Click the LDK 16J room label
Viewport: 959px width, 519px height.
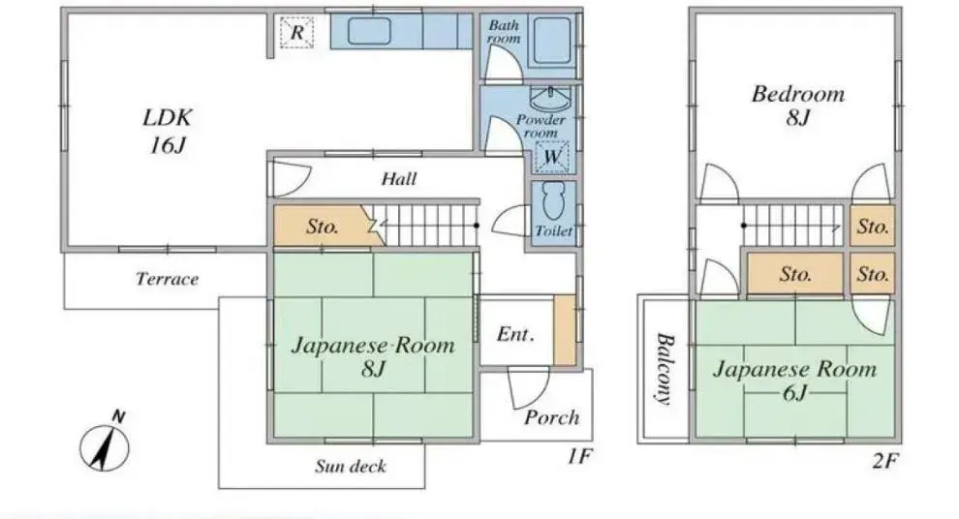tap(168, 131)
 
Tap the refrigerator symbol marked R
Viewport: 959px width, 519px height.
tap(296, 32)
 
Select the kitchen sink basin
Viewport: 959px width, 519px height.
tap(369, 31)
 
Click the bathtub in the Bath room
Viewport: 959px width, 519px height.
tap(552, 41)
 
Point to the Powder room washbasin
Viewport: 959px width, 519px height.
tap(550, 99)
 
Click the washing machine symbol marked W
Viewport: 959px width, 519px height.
tap(552, 157)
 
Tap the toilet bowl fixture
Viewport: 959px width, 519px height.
tap(554, 201)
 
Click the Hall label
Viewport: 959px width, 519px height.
tap(399, 179)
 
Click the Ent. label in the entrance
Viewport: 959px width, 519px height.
tap(515, 334)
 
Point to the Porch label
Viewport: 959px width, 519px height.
tap(551, 417)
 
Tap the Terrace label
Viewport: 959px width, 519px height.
tap(167, 280)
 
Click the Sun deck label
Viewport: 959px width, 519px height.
tap(351, 467)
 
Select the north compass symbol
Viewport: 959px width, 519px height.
tap(105, 443)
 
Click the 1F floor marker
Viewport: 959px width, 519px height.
tap(579, 457)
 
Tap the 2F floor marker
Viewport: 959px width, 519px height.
tap(885, 460)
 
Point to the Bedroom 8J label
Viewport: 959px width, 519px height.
tap(798, 105)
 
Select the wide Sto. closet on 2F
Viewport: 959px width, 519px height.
tap(795, 274)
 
